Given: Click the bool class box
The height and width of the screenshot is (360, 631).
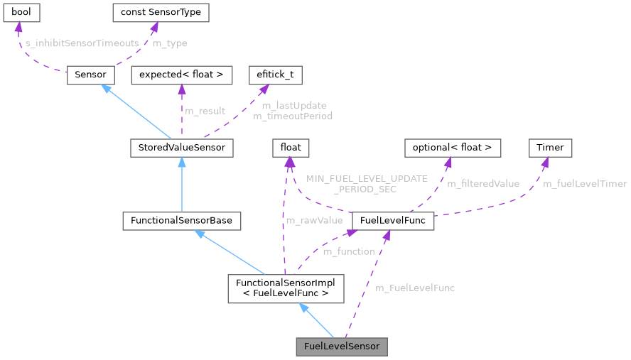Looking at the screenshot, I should point(21,13).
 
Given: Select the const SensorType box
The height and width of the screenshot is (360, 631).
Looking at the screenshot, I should point(161,13).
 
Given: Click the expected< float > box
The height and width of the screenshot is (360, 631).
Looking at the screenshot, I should point(181,75).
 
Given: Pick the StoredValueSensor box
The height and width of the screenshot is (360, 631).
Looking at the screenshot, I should point(182,148).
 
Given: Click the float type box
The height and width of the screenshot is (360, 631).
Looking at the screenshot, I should point(291,148).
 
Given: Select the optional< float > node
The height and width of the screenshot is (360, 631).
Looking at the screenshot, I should point(453,148).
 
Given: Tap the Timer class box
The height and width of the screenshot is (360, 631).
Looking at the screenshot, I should point(550,148).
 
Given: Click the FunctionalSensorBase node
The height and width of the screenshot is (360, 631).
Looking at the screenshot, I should point(181,221).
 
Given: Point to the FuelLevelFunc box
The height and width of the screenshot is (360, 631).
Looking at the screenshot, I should point(393,221).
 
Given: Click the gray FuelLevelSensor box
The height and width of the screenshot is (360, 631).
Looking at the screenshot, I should point(342,347).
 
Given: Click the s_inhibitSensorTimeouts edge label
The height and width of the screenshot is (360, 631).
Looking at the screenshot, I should point(82,43).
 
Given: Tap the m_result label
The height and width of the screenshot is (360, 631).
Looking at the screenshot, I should point(205,111).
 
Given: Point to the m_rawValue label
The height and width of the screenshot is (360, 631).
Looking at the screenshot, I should point(314,220).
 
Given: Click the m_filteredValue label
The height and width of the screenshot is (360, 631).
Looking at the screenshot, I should point(483,184).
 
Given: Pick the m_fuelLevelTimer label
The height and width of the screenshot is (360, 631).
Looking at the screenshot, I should point(585,184).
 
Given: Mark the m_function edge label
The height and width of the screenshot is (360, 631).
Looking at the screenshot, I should point(348,251).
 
